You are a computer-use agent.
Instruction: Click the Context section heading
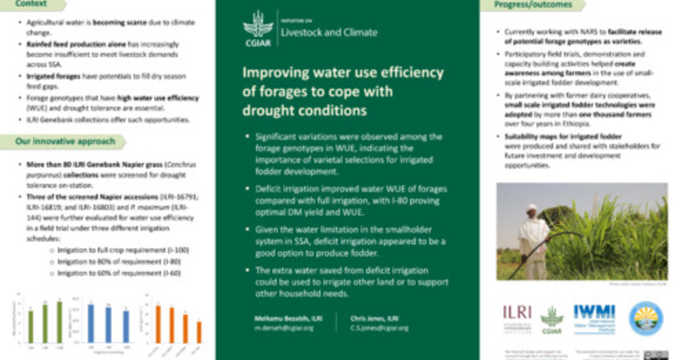tap(32, 5)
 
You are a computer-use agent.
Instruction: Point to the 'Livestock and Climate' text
tap(329, 32)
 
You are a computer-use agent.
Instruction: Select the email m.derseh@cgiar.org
tap(283, 328)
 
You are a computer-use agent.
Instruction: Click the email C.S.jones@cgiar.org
tap(380, 328)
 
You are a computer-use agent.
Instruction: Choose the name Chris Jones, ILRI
tap(375, 319)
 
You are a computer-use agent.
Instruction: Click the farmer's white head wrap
tap(532, 208)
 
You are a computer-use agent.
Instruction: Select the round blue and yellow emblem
tap(646, 318)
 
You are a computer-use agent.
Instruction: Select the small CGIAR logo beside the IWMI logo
tap(552, 319)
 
